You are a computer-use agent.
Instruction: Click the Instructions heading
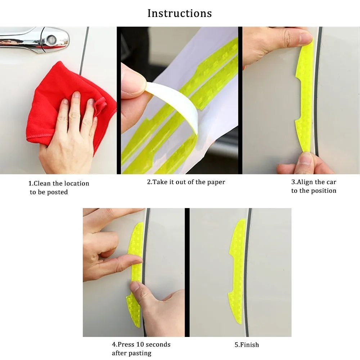click(x=180, y=13)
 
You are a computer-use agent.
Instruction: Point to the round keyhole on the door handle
click(x=51, y=39)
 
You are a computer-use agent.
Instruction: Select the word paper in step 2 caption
click(x=216, y=182)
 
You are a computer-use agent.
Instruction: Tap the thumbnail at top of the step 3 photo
click(x=306, y=37)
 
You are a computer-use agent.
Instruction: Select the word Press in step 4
click(x=126, y=345)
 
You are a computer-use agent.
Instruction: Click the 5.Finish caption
click(x=247, y=345)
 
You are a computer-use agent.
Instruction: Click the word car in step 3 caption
click(x=331, y=182)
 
